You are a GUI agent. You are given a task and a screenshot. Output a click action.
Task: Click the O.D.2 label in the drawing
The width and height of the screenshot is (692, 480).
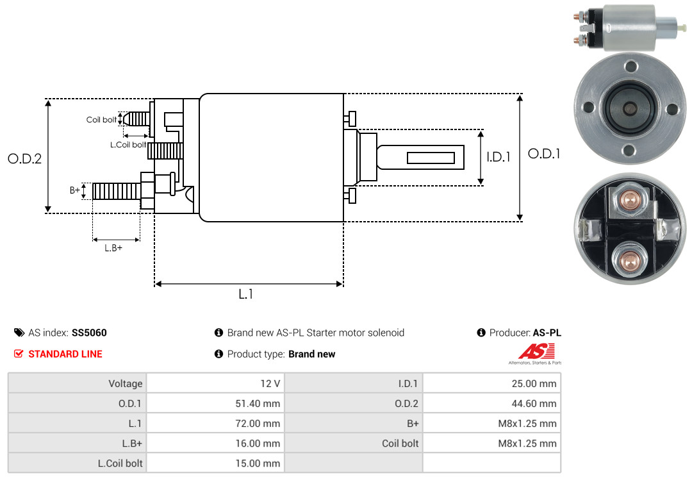pos(25,158)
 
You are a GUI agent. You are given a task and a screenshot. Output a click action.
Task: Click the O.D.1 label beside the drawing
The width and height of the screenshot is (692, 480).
pos(544,154)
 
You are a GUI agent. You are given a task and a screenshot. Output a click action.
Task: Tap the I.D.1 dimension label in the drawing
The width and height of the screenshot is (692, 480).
pos(498,157)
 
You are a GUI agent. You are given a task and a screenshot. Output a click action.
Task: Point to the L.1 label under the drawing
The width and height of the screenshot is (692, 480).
pos(246,294)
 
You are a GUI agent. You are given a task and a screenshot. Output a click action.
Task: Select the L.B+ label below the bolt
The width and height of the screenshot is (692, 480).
pos(113,248)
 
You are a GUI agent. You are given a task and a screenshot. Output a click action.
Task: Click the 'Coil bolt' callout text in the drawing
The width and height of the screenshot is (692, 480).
pos(101,120)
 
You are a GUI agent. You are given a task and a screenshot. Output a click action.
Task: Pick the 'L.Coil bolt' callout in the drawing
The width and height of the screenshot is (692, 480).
pos(128,145)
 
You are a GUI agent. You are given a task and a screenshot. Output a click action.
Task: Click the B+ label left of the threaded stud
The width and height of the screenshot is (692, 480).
pos(74,190)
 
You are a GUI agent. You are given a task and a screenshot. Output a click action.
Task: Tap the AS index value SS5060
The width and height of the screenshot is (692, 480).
pos(89,333)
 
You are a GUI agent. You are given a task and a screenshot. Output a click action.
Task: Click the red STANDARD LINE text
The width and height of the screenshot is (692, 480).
pos(65,354)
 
